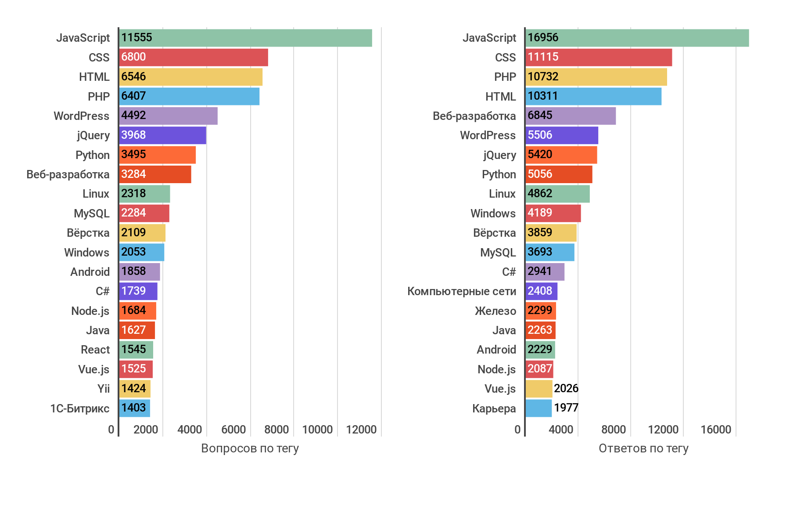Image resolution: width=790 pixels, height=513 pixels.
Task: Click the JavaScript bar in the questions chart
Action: coord(246,38)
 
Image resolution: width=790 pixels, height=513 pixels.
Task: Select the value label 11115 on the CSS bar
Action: coord(543,57)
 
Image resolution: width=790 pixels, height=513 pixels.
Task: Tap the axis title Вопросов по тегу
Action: coord(250,448)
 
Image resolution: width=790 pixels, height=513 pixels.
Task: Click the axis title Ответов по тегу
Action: coord(643,448)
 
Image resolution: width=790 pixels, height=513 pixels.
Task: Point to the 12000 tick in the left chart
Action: coord(361,430)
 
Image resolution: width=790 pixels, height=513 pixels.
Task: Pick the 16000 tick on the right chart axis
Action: coord(716,430)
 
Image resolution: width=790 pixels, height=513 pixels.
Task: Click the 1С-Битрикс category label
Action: coord(80,408)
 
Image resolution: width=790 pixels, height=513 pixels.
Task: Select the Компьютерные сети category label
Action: coord(461,291)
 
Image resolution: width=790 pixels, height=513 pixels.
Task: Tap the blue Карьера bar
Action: coord(539,408)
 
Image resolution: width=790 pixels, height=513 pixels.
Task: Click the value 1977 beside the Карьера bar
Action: coord(566,408)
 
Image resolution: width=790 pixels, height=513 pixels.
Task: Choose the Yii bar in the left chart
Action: coord(135,389)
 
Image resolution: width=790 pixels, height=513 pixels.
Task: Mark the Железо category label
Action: coord(495,311)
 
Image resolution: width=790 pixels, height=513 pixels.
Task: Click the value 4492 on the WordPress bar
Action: coord(133,116)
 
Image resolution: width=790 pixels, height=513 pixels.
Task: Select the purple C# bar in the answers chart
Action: coord(545,272)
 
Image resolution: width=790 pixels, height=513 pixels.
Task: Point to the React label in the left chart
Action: coord(95,350)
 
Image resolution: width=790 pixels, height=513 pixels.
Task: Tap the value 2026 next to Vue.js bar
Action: coord(566,388)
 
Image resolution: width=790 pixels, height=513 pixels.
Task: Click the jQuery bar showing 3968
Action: coord(163,135)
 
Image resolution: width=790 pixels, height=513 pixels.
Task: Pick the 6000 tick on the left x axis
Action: coord(233,430)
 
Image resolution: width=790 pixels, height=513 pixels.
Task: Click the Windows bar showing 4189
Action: coord(553,213)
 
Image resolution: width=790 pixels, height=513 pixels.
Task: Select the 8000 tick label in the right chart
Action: coord(613,430)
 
